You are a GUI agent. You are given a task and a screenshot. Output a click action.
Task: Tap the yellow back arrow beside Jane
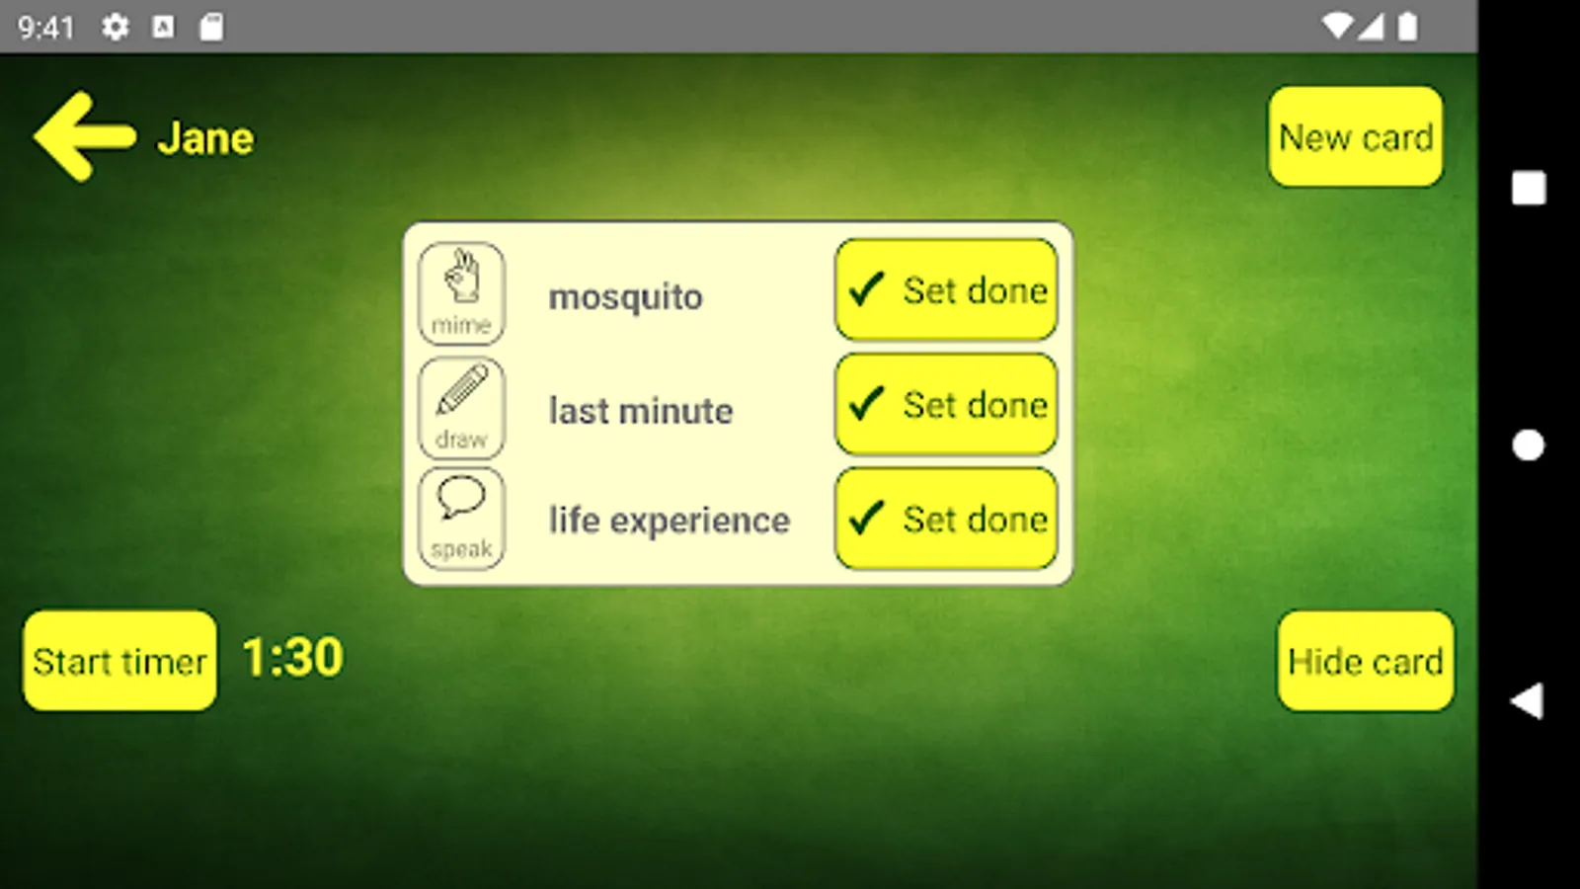coord(83,136)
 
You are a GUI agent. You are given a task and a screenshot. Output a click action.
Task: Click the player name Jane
coord(205,138)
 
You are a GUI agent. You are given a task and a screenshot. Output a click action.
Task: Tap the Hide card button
coord(1366,661)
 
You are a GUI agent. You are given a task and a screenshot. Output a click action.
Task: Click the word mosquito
coord(626,297)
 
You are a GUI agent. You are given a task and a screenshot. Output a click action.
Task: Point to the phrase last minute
coord(641,411)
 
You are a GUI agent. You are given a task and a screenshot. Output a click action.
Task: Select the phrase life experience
coord(670,522)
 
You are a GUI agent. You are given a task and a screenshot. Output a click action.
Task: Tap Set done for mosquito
coord(946,290)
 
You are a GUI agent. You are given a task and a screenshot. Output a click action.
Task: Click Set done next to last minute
coord(946,404)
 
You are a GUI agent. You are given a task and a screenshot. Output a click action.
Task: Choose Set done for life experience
coord(946,519)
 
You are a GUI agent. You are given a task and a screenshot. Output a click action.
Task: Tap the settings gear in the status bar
coord(115,28)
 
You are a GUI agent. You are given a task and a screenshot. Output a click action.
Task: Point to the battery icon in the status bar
coord(1408,27)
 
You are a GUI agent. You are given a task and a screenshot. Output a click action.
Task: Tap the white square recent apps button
coord(1529,189)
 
